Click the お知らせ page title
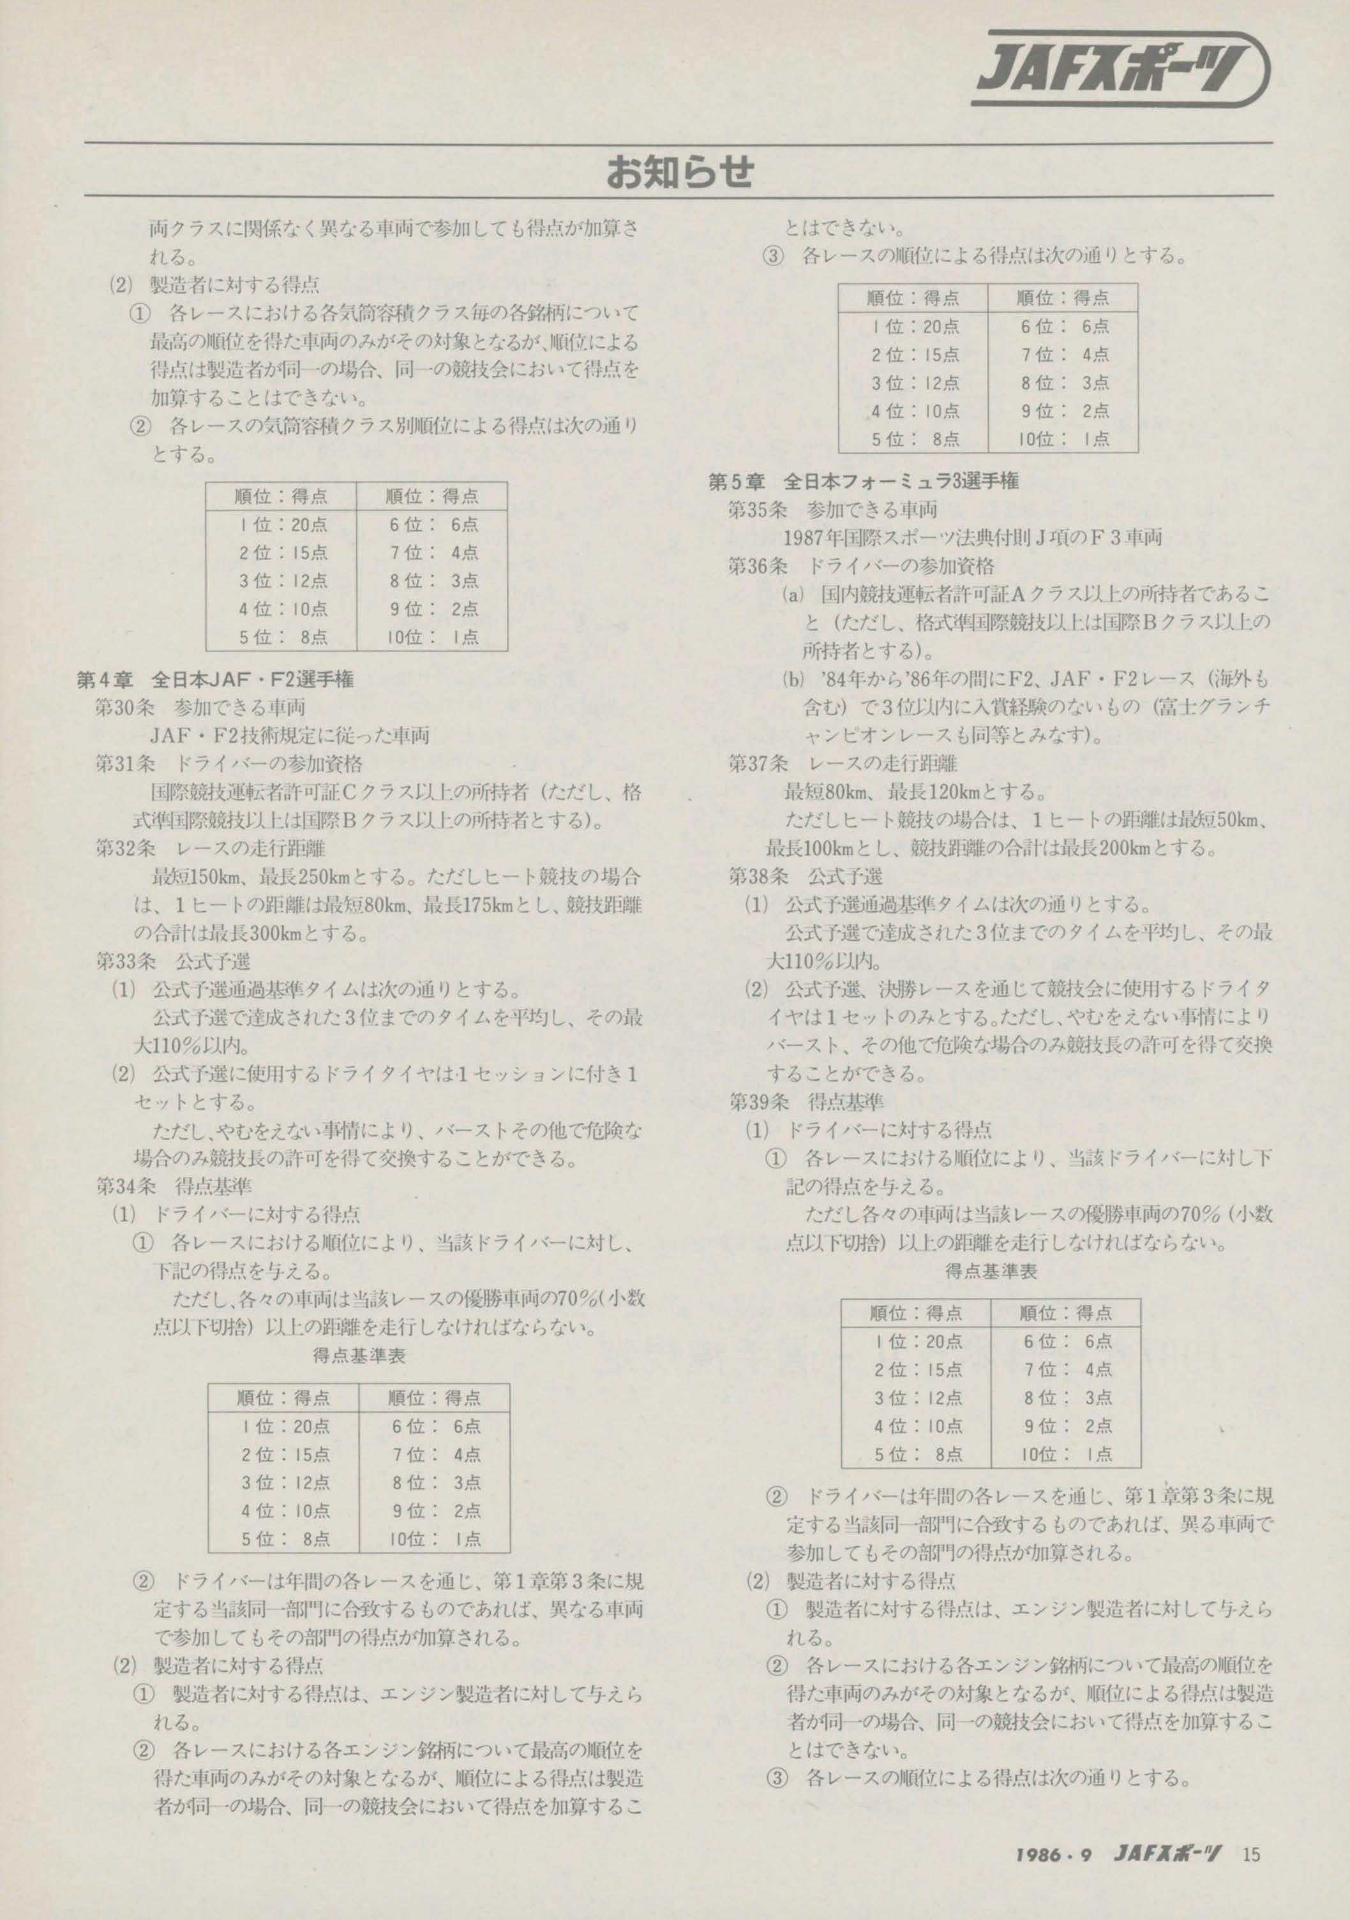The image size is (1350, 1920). point(679,172)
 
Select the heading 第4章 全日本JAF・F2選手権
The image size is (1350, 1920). point(215,680)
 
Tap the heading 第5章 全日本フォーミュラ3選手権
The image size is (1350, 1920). point(863,481)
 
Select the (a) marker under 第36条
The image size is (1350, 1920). point(792,595)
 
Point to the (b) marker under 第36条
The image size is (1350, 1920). point(792,679)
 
